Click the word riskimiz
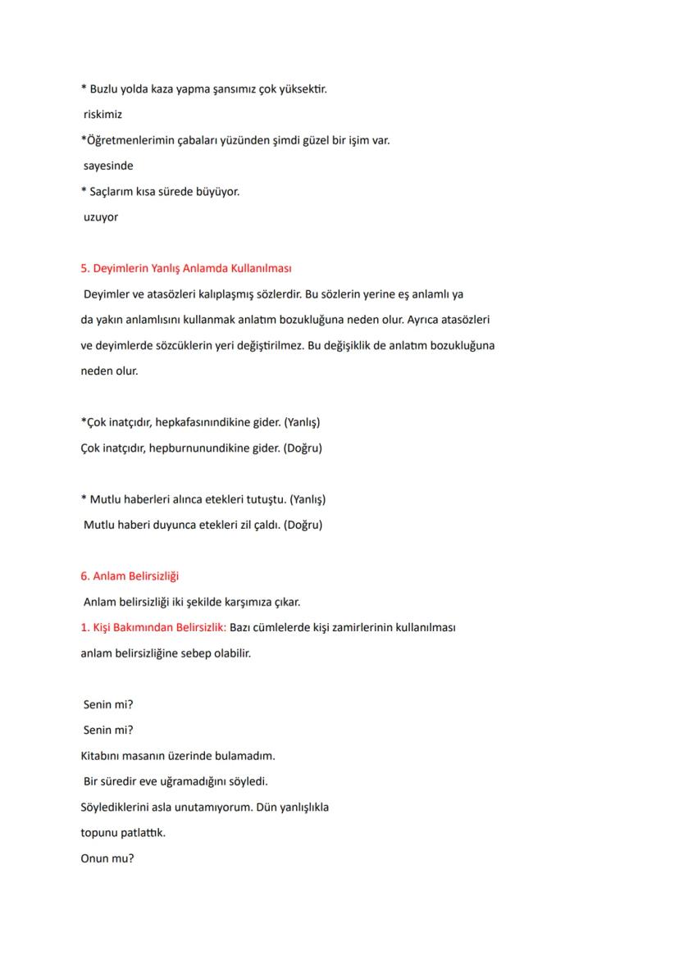click(103, 115)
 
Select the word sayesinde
click(108, 166)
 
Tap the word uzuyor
click(101, 217)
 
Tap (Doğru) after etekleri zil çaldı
click(303, 525)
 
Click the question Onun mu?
click(107, 858)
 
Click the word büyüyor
click(216, 192)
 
